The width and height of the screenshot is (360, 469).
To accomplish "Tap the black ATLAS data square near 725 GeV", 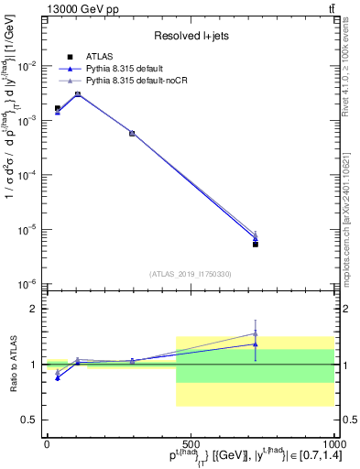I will point(256,244).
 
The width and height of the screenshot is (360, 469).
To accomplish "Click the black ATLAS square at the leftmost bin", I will point(58,108).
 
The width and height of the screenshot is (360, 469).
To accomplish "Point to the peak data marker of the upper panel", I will point(78,93).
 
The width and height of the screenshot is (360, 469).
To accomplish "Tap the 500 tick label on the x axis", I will point(190,443).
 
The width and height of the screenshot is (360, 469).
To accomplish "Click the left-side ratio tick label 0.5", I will point(30,420).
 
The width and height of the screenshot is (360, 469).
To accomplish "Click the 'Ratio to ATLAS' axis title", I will point(12,365).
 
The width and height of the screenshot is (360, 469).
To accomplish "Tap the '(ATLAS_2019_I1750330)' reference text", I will point(190,274).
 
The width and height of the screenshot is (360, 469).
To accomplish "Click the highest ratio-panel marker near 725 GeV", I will point(256,333).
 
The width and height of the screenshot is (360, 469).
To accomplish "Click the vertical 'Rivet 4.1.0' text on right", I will point(349,64).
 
